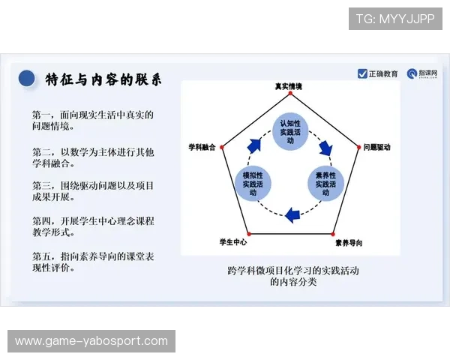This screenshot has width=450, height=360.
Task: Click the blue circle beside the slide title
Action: click(27, 77)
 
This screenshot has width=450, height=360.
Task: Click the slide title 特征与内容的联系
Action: click(103, 79)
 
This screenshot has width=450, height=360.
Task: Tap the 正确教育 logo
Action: click(378, 73)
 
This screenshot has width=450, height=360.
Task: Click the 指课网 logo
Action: click(422, 73)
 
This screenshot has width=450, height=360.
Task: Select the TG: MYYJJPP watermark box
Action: click(395, 19)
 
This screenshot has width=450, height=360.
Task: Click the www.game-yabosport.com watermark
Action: click(92, 341)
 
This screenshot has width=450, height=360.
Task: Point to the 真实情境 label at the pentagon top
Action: click(288, 87)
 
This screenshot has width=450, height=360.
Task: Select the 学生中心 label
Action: click(232, 243)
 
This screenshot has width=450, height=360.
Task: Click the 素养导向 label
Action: click(349, 243)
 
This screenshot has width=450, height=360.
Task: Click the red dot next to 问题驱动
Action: click(358, 148)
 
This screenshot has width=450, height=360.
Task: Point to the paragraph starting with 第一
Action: click(93, 121)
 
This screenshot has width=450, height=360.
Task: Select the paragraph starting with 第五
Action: click(93, 262)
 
